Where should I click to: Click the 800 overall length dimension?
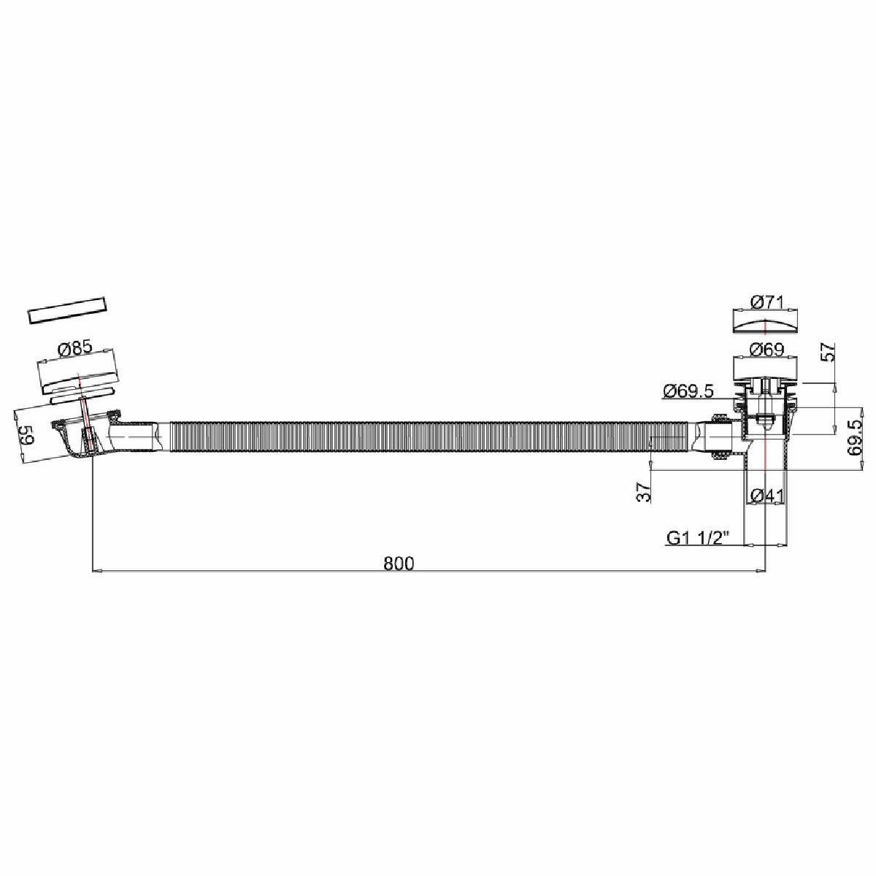(x=399, y=564)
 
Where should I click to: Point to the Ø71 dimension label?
(x=766, y=302)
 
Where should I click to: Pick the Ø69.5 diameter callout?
(x=688, y=391)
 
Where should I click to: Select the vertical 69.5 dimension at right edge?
(x=855, y=437)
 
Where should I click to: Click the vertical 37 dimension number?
(x=644, y=492)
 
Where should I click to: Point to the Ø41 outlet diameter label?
(x=767, y=496)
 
